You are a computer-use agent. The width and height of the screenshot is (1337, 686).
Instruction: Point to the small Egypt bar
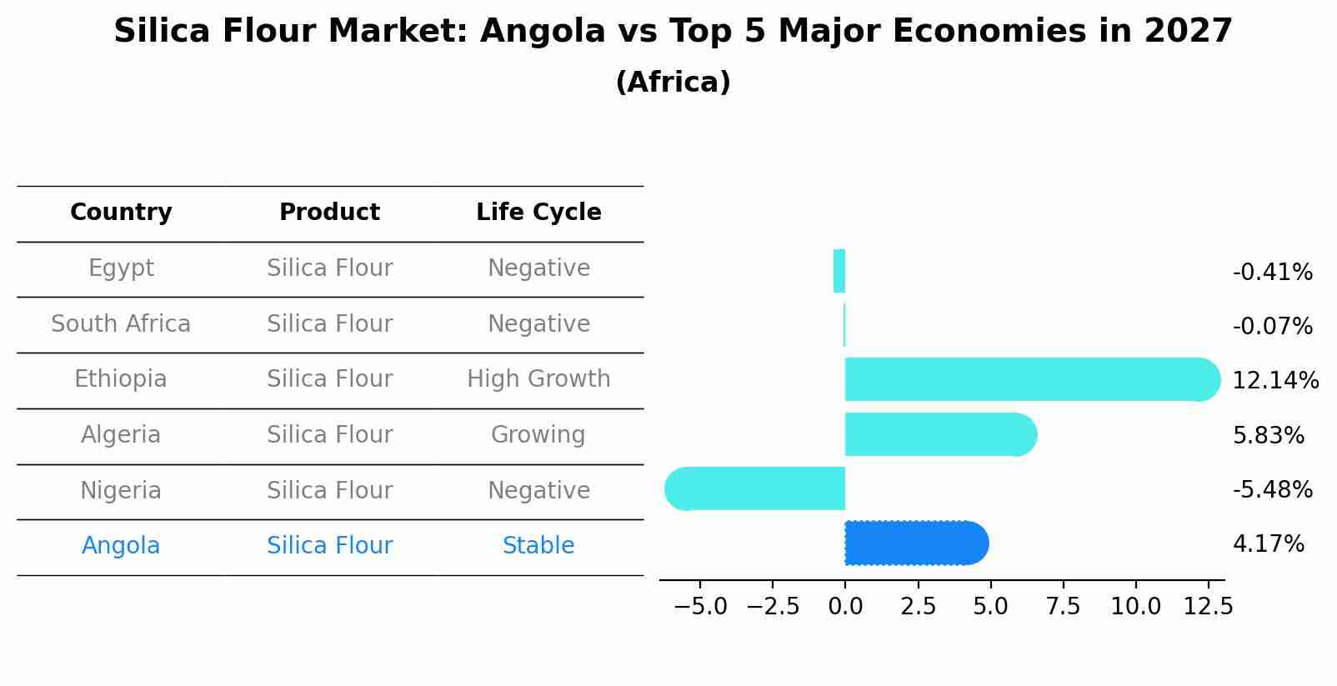coord(839,271)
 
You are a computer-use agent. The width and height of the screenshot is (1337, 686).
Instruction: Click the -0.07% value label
coord(1272,326)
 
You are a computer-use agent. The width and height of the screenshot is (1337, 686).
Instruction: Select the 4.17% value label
coord(1268,544)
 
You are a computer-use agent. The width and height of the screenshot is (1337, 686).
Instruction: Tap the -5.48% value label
coord(1272,489)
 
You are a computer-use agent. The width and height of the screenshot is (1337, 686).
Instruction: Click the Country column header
coord(121,213)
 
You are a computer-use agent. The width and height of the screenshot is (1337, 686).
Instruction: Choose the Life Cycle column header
coord(538,213)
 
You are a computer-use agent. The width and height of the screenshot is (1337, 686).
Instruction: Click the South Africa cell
coord(121,323)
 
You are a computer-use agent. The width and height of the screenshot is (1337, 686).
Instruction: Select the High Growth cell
coord(538,379)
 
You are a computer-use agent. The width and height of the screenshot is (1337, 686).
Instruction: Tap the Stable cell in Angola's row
coord(538,546)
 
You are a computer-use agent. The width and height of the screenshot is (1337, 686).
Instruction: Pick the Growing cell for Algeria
coord(538,434)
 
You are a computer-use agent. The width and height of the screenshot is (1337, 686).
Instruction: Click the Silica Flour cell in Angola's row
coord(329,546)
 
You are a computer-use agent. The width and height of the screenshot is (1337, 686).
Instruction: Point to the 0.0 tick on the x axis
coord(845,607)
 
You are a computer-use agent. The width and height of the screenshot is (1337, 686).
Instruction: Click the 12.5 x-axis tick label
coord(1208,607)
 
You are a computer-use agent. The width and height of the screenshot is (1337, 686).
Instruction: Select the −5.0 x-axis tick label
coord(699,607)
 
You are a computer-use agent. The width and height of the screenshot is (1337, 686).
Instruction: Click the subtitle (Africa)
coord(673,83)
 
